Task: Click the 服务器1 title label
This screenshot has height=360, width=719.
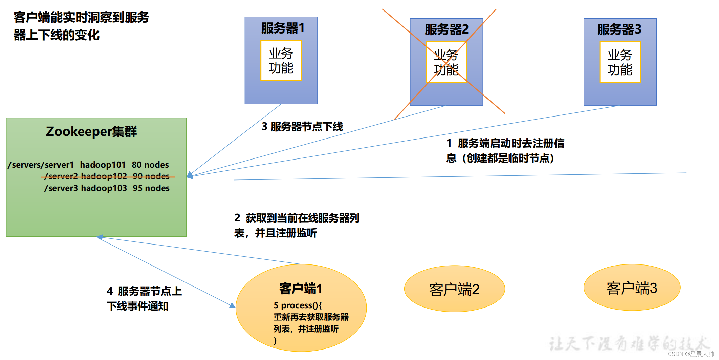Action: (x=283, y=28)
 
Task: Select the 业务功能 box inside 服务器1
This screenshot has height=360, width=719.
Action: (x=281, y=61)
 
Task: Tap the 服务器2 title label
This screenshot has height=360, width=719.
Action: (x=446, y=29)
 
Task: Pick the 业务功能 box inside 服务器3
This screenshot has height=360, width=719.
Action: (x=620, y=62)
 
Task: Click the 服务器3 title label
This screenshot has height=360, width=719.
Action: (x=619, y=29)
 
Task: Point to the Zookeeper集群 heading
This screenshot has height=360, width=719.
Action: (x=91, y=131)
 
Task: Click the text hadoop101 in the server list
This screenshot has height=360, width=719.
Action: (x=103, y=165)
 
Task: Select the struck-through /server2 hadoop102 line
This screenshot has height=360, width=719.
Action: (x=107, y=176)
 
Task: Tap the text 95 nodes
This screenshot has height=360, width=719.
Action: (x=151, y=188)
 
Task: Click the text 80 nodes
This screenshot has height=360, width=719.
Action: (x=150, y=165)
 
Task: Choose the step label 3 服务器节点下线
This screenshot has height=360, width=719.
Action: (x=302, y=127)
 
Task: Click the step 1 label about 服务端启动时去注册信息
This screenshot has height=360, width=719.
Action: (x=505, y=151)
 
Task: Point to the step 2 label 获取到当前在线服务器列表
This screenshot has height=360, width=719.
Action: (x=297, y=225)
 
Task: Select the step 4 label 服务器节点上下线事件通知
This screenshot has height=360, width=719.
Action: (x=144, y=298)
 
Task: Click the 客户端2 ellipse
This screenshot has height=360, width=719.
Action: (x=454, y=289)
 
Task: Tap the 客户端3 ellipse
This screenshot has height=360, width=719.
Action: (x=632, y=288)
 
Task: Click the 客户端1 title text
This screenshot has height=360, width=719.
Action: (x=301, y=289)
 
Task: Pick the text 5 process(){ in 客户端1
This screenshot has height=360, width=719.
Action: (x=298, y=305)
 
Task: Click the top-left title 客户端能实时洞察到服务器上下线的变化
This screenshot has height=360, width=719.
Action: (x=81, y=26)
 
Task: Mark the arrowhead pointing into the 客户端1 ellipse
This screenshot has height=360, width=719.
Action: (x=232, y=305)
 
